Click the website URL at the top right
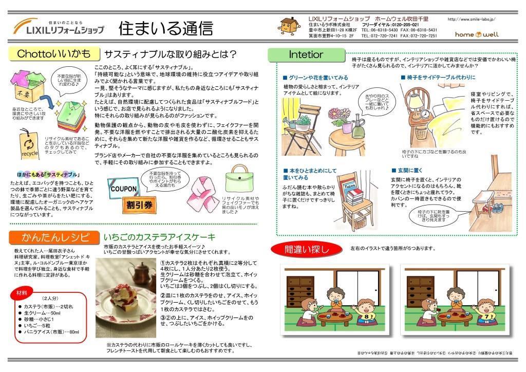(x=472, y=19)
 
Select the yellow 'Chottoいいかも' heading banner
(x=53, y=54)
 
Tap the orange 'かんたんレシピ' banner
(x=52, y=237)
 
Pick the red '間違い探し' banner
(x=306, y=250)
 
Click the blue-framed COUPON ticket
(x=122, y=188)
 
